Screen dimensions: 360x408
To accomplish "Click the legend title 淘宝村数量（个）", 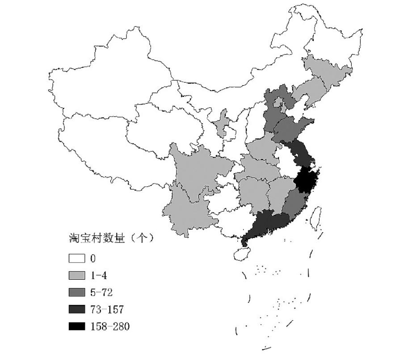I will click(x=111, y=238).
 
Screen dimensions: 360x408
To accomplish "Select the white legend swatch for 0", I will click(x=76, y=258).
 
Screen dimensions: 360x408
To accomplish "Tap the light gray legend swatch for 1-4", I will click(x=76, y=276).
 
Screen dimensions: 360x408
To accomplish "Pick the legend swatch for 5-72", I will click(x=76, y=293).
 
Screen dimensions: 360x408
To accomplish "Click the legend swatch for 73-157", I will click(x=76, y=310).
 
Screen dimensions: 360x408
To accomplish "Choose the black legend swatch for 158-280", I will click(x=76, y=327).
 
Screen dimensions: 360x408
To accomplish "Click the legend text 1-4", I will click(x=98, y=276).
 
